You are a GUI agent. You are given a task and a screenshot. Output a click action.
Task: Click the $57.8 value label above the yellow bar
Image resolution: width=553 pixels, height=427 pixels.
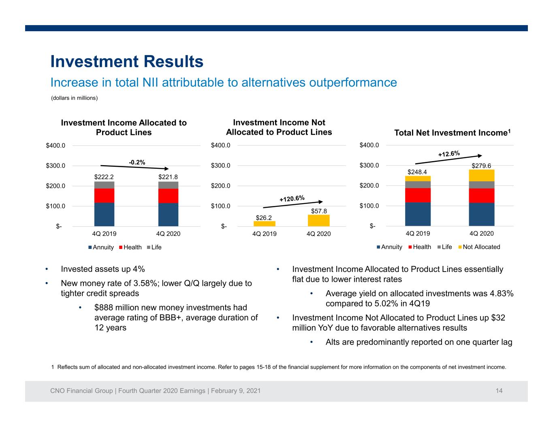point(319,211)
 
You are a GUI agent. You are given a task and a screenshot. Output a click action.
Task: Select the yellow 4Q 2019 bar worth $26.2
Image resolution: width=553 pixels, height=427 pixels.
point(265,224)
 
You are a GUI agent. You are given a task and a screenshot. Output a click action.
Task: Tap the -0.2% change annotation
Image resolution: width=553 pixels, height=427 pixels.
point(137,162)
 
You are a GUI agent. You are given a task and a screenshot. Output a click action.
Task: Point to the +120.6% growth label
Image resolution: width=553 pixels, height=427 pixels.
point(292,198)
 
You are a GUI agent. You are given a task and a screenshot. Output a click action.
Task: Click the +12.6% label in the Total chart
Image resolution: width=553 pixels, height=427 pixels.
point(449,154)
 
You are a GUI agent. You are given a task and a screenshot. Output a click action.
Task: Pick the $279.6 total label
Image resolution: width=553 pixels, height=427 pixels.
point(481,166)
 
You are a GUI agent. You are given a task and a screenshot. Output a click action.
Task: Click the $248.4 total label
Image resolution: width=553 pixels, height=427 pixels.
point(417,172)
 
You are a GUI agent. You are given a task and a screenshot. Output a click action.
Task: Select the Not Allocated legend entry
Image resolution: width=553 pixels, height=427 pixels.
point(479,247)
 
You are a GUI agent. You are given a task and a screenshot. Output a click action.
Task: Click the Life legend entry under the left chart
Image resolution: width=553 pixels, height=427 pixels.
point(154,247)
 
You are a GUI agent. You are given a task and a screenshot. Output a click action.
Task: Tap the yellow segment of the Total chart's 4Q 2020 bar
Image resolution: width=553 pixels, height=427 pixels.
point(481,175)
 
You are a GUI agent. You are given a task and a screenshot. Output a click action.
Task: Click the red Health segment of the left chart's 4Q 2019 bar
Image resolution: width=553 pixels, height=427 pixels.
point(105,195)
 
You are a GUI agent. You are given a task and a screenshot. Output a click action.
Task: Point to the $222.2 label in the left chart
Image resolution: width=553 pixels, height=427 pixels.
point(104,177)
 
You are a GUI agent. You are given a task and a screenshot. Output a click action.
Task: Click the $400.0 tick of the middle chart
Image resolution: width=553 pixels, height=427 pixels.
point(221,145)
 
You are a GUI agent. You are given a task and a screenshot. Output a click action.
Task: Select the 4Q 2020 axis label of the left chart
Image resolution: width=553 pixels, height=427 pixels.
point(168,234)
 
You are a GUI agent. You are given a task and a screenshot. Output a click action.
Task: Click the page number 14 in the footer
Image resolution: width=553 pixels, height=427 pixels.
point(499,391)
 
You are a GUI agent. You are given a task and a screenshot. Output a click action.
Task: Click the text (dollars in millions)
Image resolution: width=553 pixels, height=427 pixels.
point(74,98)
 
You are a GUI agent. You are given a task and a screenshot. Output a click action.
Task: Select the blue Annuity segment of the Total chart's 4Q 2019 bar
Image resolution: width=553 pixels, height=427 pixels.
point(418,214)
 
